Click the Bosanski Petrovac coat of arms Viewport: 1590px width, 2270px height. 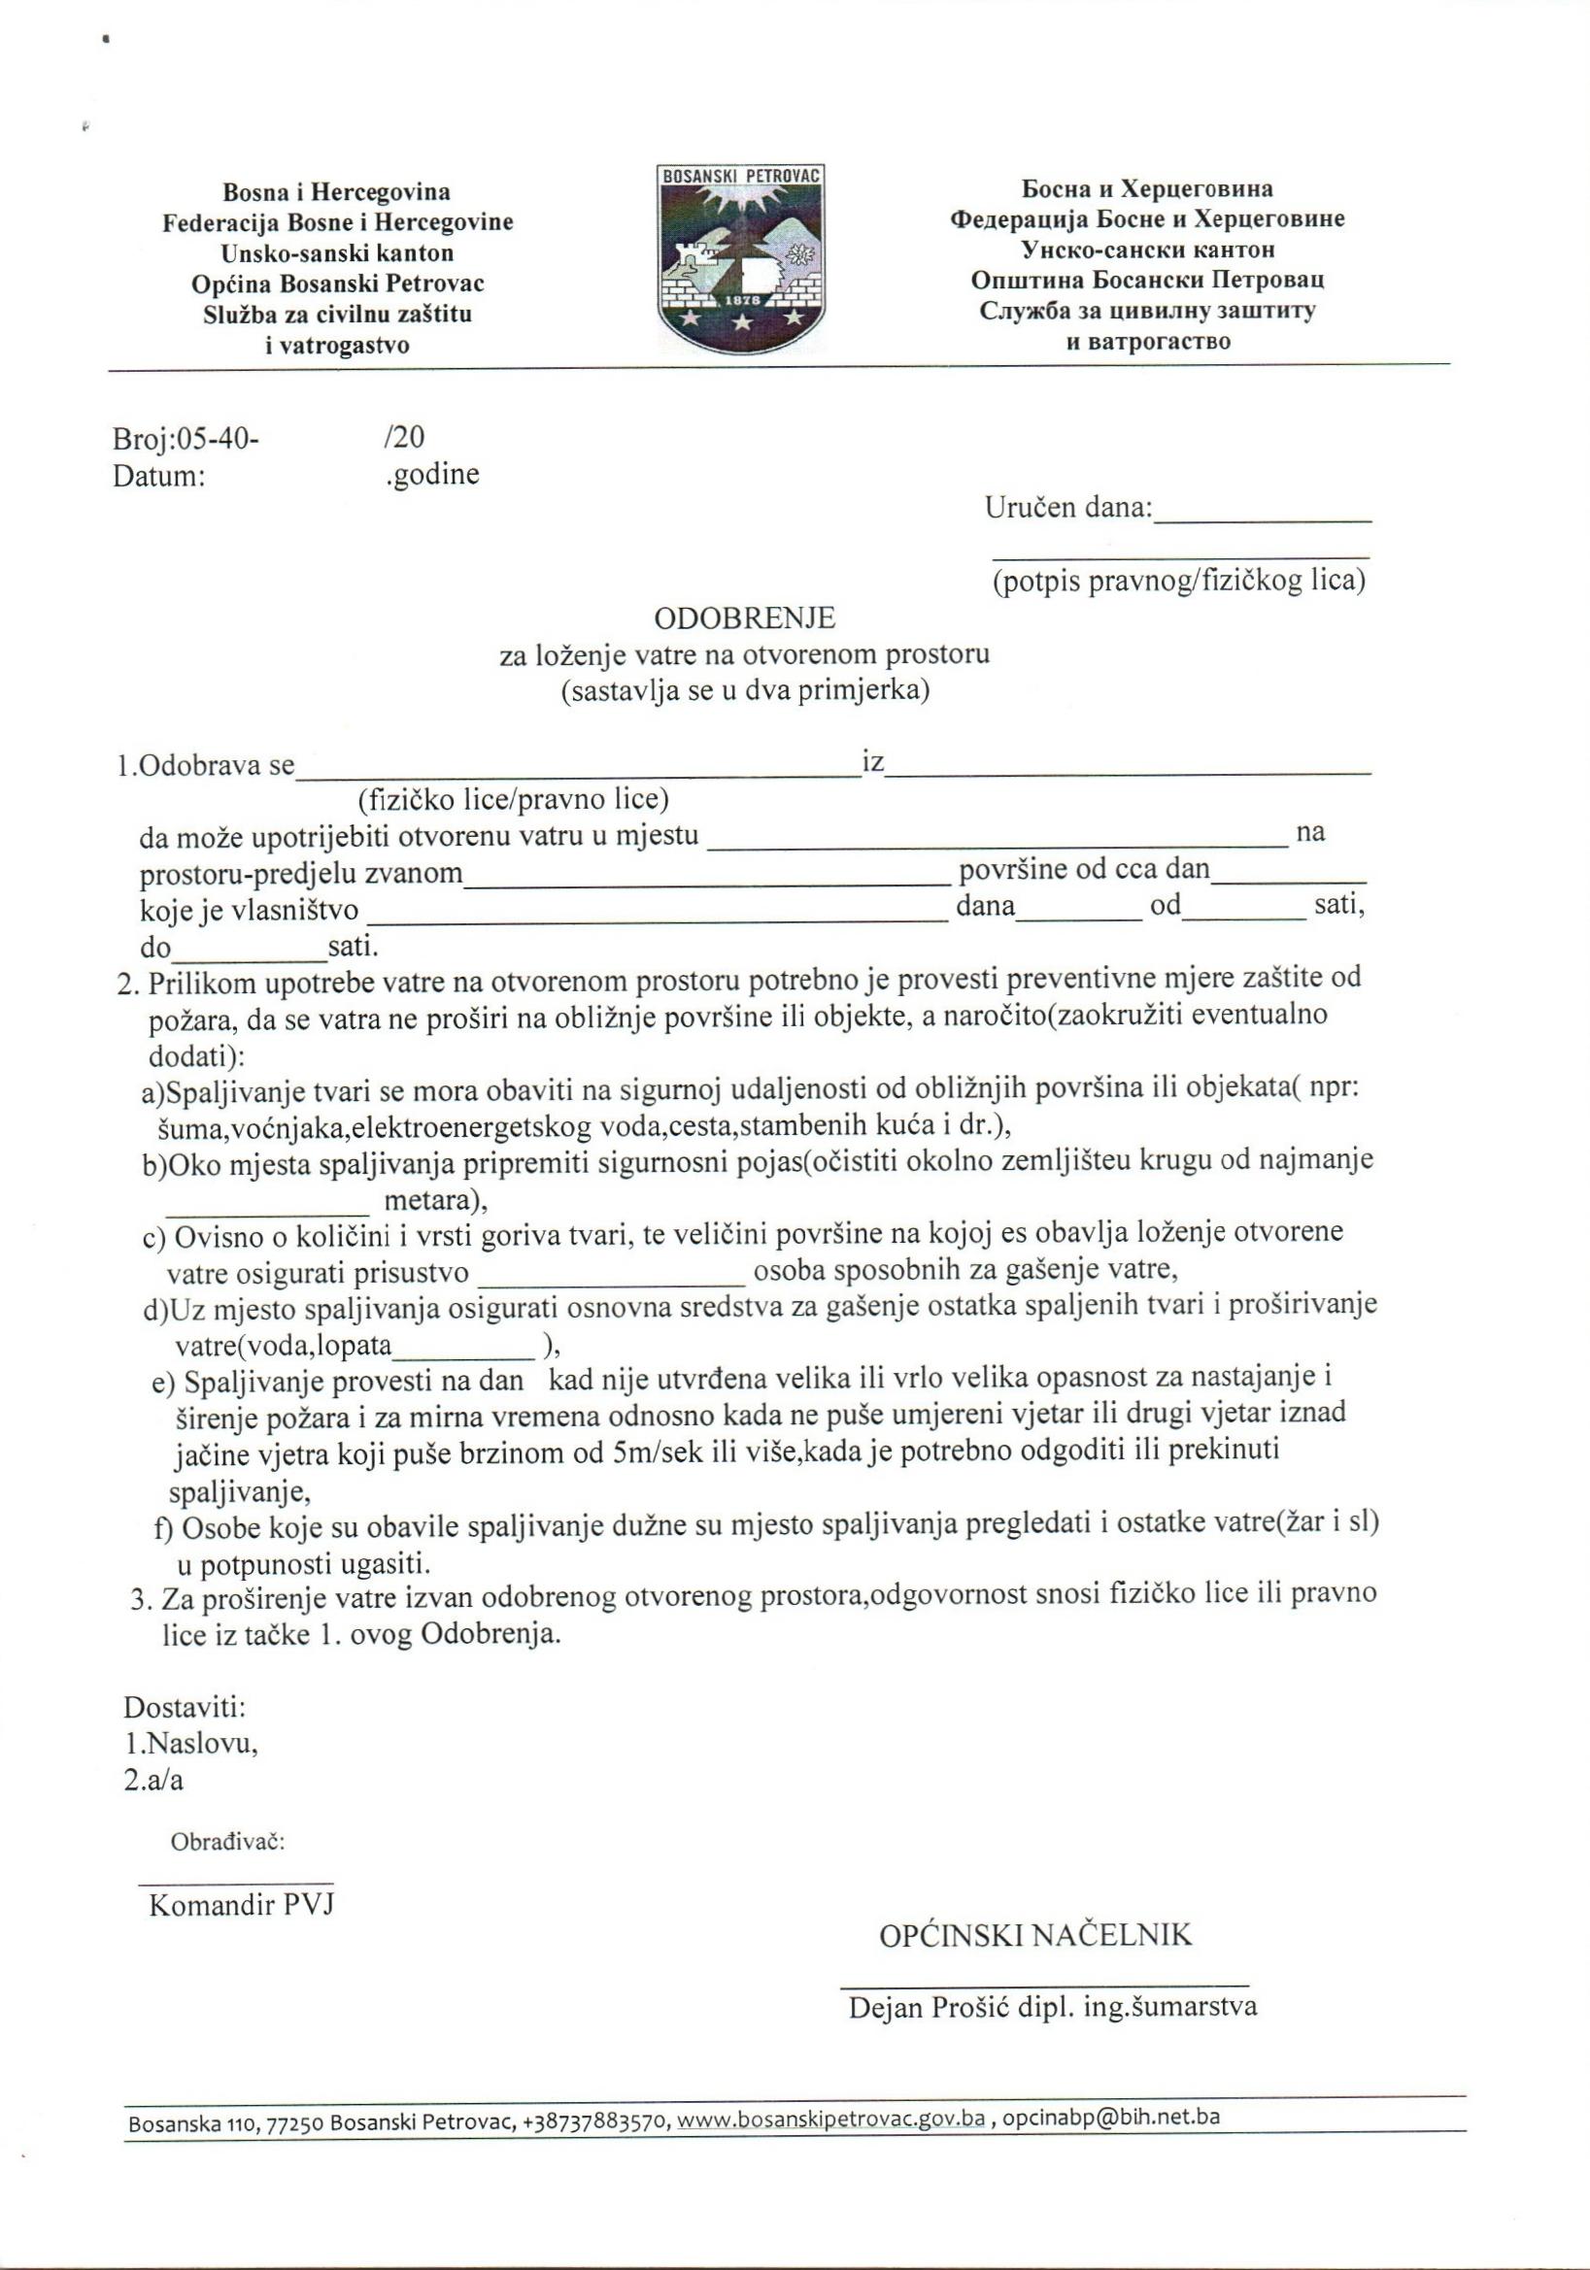(x=741, y=259)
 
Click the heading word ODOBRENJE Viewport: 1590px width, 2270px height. (x=744, y=618)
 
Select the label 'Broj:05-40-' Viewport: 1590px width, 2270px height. (x=186, y=438)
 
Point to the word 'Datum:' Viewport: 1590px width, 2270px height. (x=159, y=477)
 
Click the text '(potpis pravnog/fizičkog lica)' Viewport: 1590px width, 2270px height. (x=1178, y=581)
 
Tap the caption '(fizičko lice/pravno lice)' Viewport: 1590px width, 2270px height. (x=513, y=798)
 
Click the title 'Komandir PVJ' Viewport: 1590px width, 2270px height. (x=241, y=1906)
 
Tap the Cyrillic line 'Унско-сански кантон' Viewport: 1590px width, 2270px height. (x=1147, y=250)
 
